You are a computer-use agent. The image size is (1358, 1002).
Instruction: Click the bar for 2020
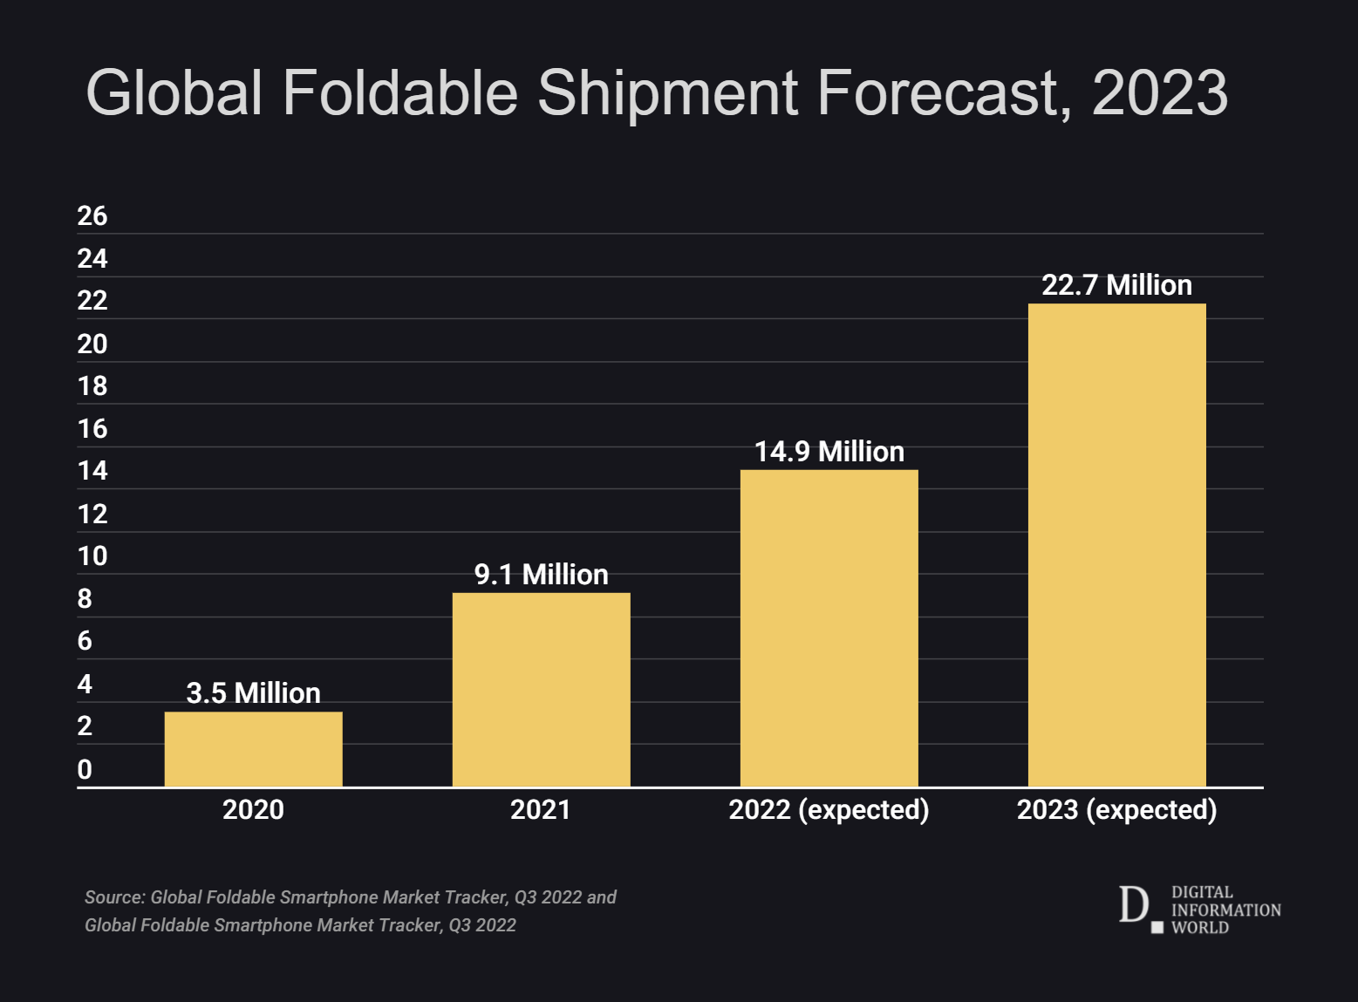[x=253, y=749]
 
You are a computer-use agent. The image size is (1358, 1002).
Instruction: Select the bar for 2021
[x=541, y=690]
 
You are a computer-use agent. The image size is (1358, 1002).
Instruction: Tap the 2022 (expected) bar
[x=829, y=628]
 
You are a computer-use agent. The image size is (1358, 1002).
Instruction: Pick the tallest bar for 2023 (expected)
[x=1116, y=545]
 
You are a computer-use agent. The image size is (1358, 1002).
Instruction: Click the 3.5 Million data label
[x=253, y=693]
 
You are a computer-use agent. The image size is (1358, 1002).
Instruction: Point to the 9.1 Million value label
[x=541, y=575]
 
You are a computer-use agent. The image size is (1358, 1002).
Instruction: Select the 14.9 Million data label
[x=829, y=452]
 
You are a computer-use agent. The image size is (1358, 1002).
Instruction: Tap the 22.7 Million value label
[x=1116, y=285]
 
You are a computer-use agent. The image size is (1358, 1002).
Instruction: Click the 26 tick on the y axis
[x=92, y=216]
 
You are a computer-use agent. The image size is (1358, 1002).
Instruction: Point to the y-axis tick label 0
[x=85, y=769]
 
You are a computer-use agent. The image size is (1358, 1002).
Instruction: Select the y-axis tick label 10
[x=92, y=556]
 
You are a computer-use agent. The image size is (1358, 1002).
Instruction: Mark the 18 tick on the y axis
[x=92, y=386]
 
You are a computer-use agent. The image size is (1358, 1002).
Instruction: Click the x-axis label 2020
[x=253, y=809]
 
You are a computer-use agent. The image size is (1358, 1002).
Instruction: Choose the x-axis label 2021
[x=541, y=809]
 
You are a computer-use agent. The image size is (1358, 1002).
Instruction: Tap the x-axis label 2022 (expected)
[x=829, y=809]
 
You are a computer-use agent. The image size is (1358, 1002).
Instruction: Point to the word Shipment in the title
[x=667, y=92]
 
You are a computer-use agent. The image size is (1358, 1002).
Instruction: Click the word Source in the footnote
[x=113, y=897]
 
